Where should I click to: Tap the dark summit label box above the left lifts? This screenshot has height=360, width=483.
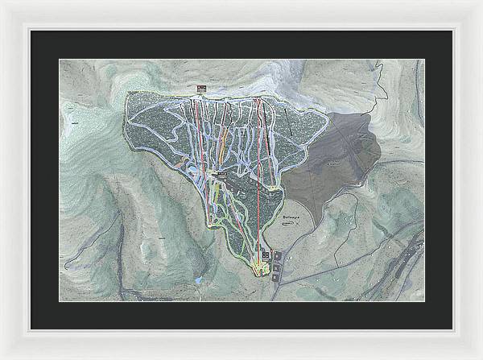(x=200, y=88)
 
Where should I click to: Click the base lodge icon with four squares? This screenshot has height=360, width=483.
(x=266, y=256)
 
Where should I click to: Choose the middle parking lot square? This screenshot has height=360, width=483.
(x=279, y=264)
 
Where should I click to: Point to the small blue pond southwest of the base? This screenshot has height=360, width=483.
(x=198, y=280)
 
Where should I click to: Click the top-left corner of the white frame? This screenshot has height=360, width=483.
(x=2, y=2)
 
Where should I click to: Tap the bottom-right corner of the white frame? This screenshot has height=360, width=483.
(x=480, y=357)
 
